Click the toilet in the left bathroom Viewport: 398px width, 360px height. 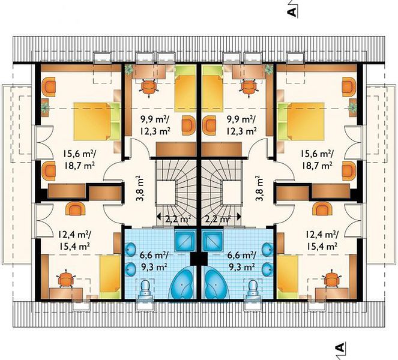pos(146,289)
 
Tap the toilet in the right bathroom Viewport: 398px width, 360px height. pos(253,289)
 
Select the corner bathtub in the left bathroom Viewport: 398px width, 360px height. pos(183,282)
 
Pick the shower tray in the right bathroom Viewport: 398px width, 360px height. pos(213,240)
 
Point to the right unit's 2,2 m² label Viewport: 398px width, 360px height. pos(218,218)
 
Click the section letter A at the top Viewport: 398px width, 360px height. pos(292,12)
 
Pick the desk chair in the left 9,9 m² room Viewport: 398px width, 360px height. pos(148,88)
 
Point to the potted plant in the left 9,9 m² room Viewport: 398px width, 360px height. pos(128,69)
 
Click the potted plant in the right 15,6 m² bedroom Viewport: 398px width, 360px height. pos(352,107)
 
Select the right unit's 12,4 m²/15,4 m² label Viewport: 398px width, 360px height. pos(322,239)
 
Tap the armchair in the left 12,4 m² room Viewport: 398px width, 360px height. pos(75,209)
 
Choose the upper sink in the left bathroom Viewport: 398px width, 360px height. pos(131,248)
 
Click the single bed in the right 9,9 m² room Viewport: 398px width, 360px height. pos(213,88)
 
